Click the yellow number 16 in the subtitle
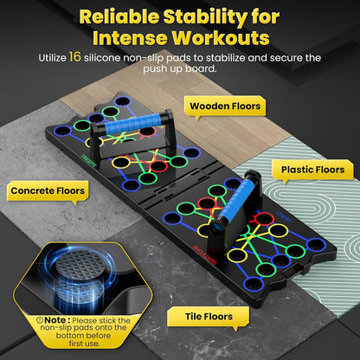(x=75, y=57)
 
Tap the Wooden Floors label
(x=225, y=106)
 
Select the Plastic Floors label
(x=313, y=170)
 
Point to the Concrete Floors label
(x=48, y=190)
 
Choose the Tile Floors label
(x=209, y=317)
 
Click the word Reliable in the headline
(x=119, y=17)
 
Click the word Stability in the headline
(x=205, y=18)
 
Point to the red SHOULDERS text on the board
(x=204, y=254)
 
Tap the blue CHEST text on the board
(x=284, y=217)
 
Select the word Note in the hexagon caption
(x=55, y=320)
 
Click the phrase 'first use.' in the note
(x=84, y=344)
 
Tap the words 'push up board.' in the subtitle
(x=180, y=68)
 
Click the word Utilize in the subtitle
(x=52, y=58)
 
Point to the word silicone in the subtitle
(x=102, y=58)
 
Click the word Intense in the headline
(x=130, y=38)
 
